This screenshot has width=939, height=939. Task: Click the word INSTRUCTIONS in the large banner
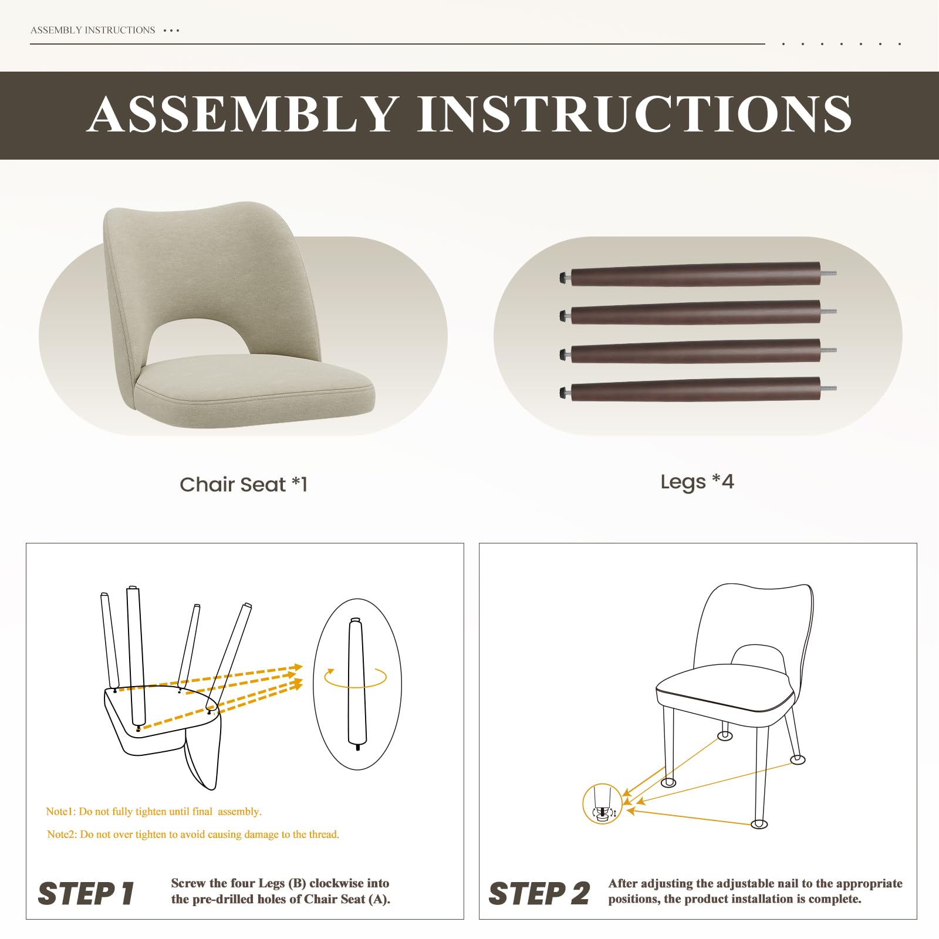pos(634,114)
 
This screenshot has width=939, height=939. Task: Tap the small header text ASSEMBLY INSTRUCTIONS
pos(93,30)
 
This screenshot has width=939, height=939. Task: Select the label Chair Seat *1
pos(244,484)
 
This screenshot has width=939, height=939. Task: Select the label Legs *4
pos(697,482)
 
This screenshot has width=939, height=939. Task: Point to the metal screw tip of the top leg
pos(829,273)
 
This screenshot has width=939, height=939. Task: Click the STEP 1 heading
pos(86,894)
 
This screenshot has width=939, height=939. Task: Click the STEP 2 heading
pos(539,894)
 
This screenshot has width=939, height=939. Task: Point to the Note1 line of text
pos(154,812)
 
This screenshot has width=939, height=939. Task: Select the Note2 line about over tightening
pos(193,835)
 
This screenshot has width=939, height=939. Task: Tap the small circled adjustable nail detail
pos(602,804)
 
